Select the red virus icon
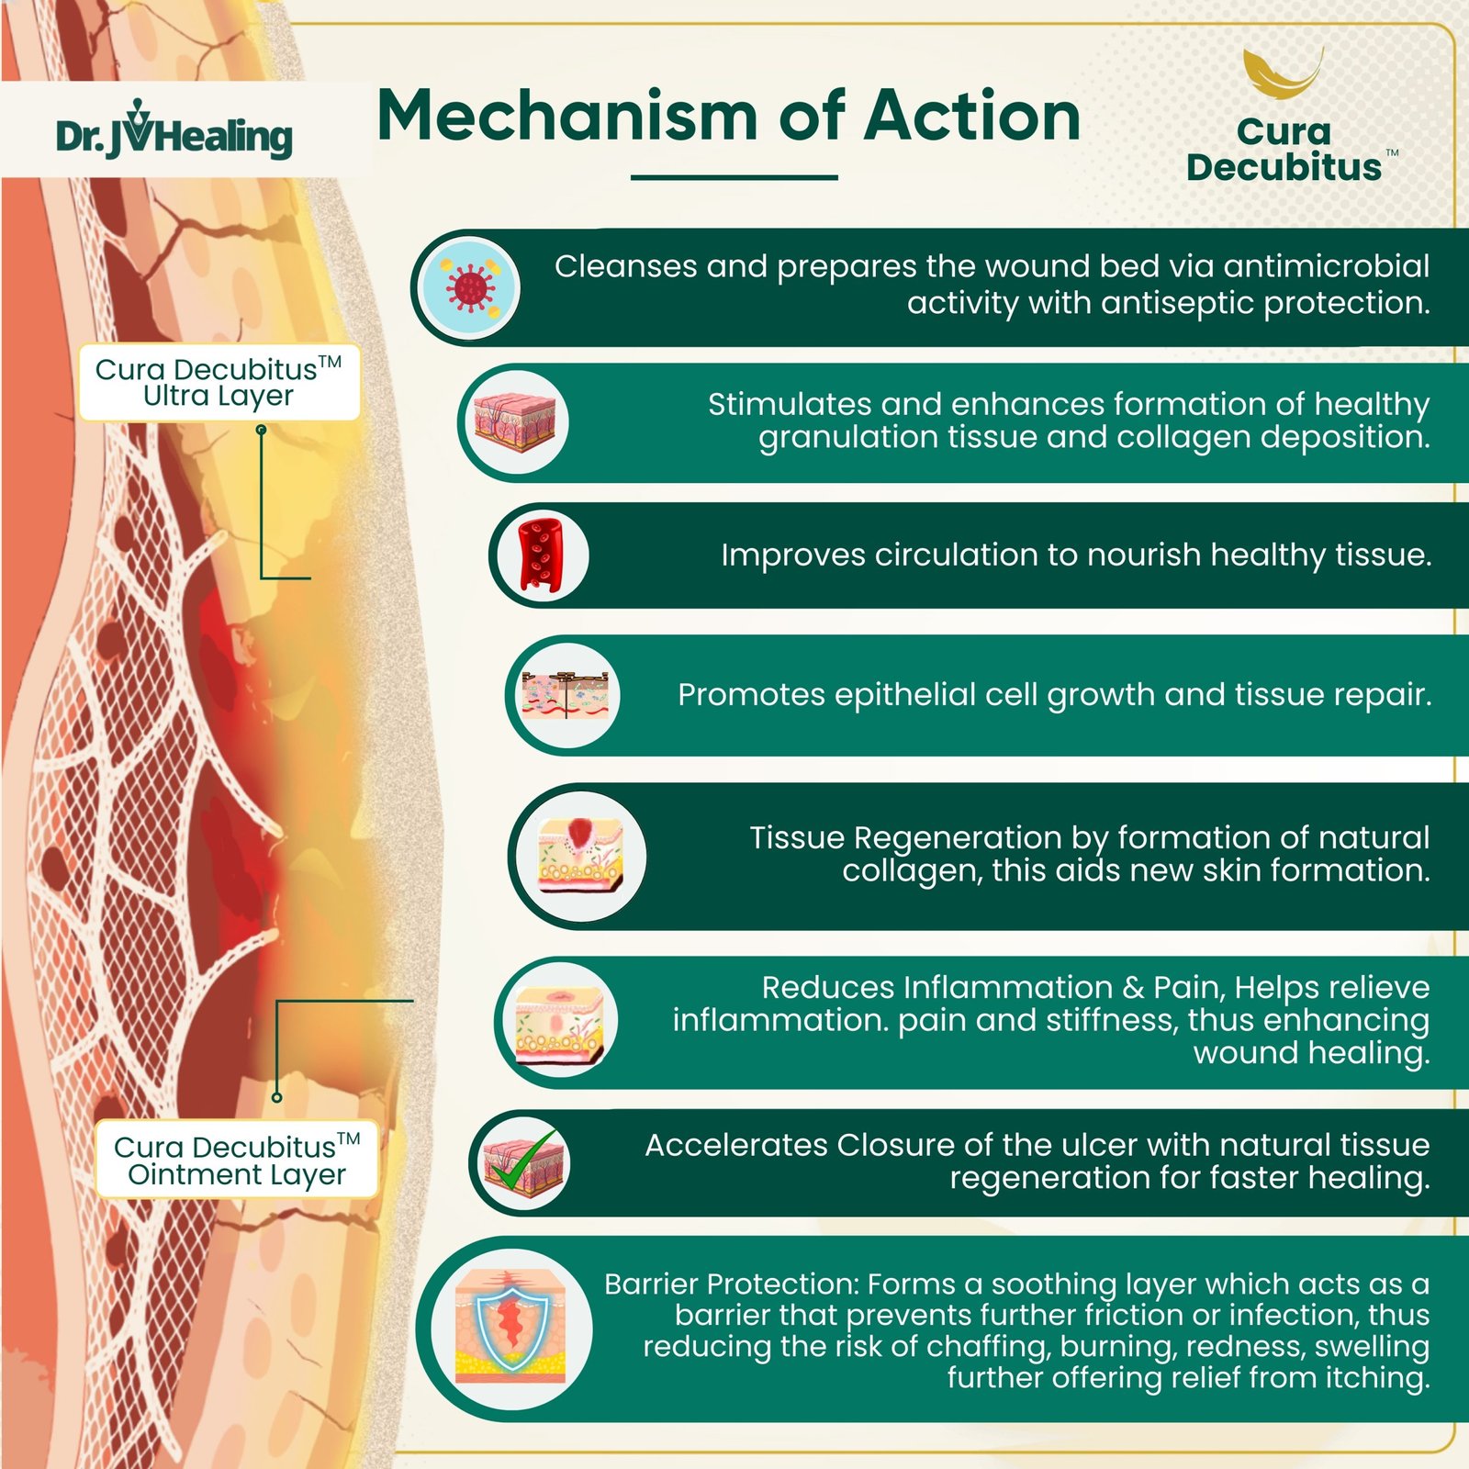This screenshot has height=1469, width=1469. pyautogui.click(x=469, y=287)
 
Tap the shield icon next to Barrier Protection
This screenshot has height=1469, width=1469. pyautogui.click(x=510, y=1329)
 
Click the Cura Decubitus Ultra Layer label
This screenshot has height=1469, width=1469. pyautogui.click(x=219, y=383)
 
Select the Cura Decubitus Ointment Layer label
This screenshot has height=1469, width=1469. pyautogui.click(x=236, y=1161)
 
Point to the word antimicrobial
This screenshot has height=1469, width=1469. pyautogui.click(x=1327, y=266)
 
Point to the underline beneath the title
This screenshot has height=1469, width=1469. pyautogui.click(x=734, y=177)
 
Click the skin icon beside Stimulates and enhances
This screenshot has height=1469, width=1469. pyautogui.click(x=516, y=422)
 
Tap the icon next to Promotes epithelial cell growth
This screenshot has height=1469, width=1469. pyautogui.click(x=564, y=695)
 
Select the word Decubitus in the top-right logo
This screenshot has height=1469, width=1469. pyautogui.click(x=1283, y=168)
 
